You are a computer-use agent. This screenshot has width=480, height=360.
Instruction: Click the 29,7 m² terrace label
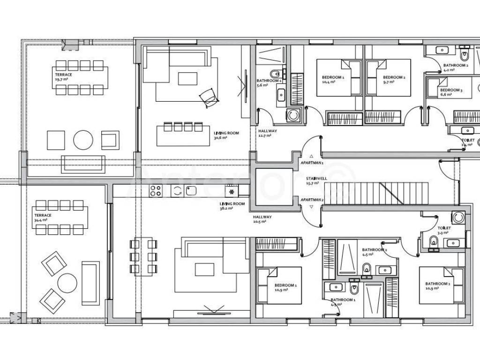pos(62,77)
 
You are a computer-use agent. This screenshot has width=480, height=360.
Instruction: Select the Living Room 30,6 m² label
pos(226,135)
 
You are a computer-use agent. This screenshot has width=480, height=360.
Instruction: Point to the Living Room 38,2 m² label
pos(232,206)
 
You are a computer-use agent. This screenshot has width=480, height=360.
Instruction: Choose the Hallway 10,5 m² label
pos(262,219)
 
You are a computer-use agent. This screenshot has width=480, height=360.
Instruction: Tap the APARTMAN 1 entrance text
pos(312,163)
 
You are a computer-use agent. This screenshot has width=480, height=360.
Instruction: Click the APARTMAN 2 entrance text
pos(312,200)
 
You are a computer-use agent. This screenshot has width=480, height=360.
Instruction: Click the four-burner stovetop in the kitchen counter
pos(156,190)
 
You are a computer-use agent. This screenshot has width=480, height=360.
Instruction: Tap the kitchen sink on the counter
pos(190,190)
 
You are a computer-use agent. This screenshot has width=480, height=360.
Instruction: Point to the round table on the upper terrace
pos(83,139)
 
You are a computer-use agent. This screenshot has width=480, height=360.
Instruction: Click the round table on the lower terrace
pos(67,283)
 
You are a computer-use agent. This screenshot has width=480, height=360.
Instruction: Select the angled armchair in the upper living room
pos(208,97)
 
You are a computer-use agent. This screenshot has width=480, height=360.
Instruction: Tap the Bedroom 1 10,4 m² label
pos(332,79)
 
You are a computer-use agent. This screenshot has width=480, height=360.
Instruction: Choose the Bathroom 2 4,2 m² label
pos(455,67)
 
